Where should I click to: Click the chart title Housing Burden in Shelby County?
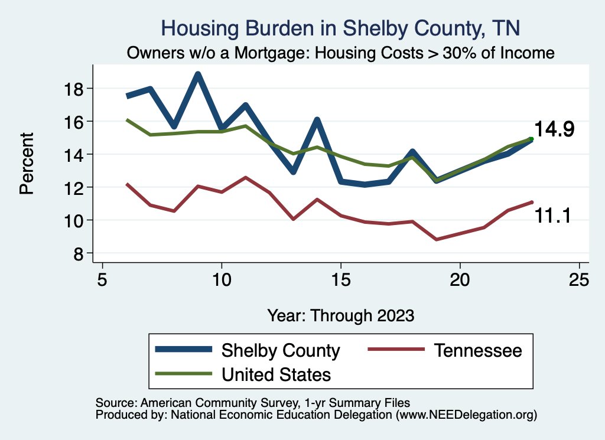[340, 28]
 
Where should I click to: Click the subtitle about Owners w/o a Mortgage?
[340, 53]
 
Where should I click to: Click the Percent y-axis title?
[26, 171]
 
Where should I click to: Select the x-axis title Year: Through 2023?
[340, 315]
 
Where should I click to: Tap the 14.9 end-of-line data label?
[554, 129]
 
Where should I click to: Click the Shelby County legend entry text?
[281, 350]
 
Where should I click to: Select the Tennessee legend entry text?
[478, 350]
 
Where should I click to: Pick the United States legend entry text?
[276, 374]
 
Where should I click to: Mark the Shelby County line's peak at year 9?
[198, 74]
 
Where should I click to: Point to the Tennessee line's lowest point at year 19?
[436, 239]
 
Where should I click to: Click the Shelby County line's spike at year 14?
[317, 120]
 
